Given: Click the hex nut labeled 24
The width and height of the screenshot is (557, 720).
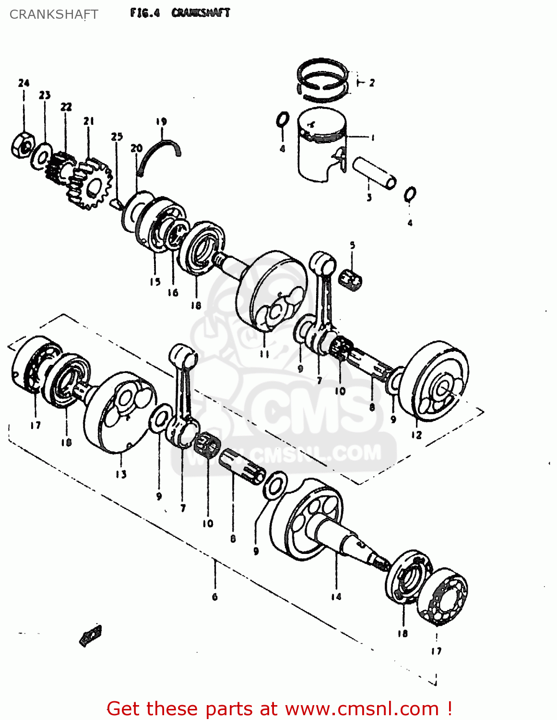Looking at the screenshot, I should [x=22, y=144].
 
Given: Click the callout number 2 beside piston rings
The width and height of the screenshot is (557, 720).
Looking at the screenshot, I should [x=372, y=83].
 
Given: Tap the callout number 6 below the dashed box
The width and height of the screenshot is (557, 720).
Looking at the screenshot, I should [x=214, y=597].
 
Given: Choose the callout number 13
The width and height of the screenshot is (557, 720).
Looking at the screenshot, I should [x=121, y=474].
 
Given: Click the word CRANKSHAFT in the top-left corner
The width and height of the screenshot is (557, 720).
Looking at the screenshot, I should [x=54, y=14].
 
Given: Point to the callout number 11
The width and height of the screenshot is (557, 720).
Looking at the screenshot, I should [x=264, y=354].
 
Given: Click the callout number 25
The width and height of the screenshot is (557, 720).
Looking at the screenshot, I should [x=117, y=137].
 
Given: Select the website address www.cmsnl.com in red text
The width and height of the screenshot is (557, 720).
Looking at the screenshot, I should [x=362, y=708].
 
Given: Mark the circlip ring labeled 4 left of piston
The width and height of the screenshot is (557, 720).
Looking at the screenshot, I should [x=283, y=120].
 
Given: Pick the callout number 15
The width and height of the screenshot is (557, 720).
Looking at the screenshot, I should [x=155, y=282].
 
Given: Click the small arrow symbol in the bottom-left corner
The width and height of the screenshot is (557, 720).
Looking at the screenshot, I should [x=91, y=635].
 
